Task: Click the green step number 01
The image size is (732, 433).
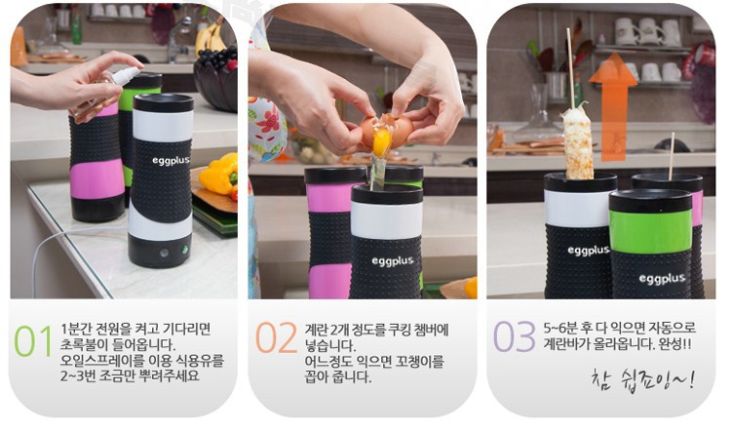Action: [33, 340]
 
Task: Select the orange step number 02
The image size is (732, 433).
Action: [277, 337]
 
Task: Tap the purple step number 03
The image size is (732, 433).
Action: [514, 336]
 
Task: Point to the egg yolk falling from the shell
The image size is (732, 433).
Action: [381, 142]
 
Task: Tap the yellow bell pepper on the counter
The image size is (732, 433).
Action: [220, 174]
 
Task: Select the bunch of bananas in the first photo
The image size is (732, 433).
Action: [211, 36]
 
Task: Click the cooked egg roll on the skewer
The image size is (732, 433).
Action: [578, 143]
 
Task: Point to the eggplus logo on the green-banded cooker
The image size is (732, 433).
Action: [662, 279]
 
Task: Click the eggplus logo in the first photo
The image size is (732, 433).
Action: [171, 161]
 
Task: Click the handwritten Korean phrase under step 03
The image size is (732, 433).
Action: [642, 379]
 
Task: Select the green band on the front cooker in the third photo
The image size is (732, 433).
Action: [650, 231]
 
